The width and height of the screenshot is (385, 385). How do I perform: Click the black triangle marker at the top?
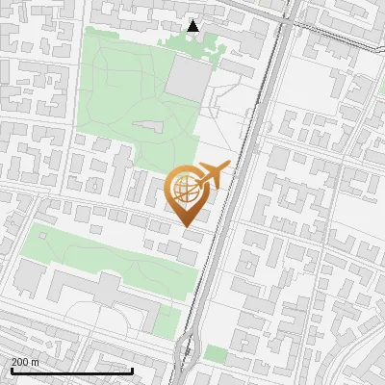(x=193, y=27)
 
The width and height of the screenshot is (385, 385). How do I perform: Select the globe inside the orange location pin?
(x=186, y=191)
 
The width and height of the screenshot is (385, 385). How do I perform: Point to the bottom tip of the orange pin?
(x=186, y=228)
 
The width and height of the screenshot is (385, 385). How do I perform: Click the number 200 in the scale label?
(x=21, y=362)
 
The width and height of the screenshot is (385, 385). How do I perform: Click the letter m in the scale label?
(x=36, y=362)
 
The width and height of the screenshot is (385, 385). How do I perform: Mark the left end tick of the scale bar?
(x=11, y=370)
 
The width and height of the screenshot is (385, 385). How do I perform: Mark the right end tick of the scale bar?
(x=132, y=370)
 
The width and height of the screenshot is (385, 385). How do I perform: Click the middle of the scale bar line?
(x=71, y=372)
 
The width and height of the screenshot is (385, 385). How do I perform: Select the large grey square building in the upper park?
(x=185, y=77)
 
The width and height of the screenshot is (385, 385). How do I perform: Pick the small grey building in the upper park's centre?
(x=147, y=127)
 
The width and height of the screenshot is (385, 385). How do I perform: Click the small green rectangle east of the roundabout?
(x=216, y=356)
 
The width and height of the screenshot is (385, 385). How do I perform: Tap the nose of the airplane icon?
(x=229, y=167)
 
